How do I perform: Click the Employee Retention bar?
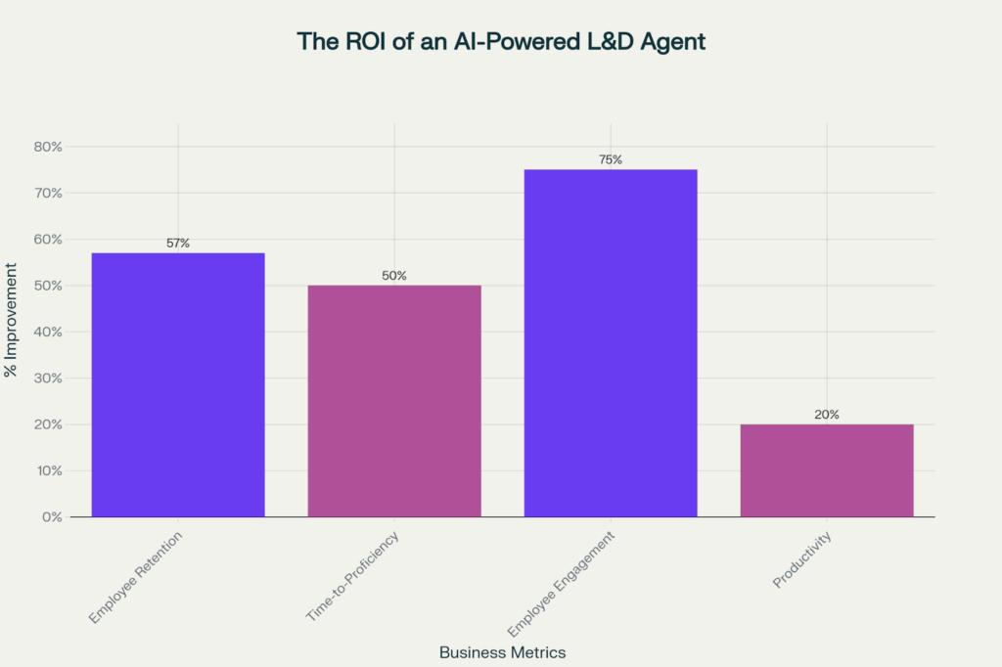tap(178, 384)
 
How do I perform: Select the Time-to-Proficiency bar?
tap(394, 401)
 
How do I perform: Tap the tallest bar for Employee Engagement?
tap(611, 342)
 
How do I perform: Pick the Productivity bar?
tap(827, 470)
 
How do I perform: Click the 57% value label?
tap(178, 243)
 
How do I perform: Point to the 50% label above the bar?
tap(394, 276)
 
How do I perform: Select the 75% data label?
tap(611, 159)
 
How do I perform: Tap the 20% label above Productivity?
tap(827, 415)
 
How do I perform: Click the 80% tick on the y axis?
tap(48, 147)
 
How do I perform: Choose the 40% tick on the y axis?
tap(48, 332)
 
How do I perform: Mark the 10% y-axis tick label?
tap(49, 470)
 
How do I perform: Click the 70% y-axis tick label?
tap(48, 193)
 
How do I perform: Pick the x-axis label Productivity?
tap(801, 559)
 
